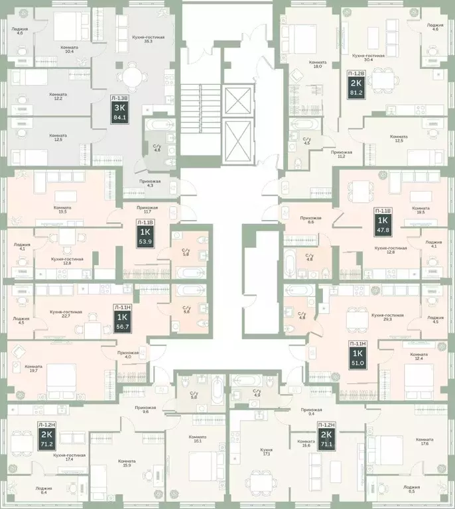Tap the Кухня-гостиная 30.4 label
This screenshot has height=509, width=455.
tap(369, 58)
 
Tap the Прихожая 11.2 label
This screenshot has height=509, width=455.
tap(342, 154)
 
